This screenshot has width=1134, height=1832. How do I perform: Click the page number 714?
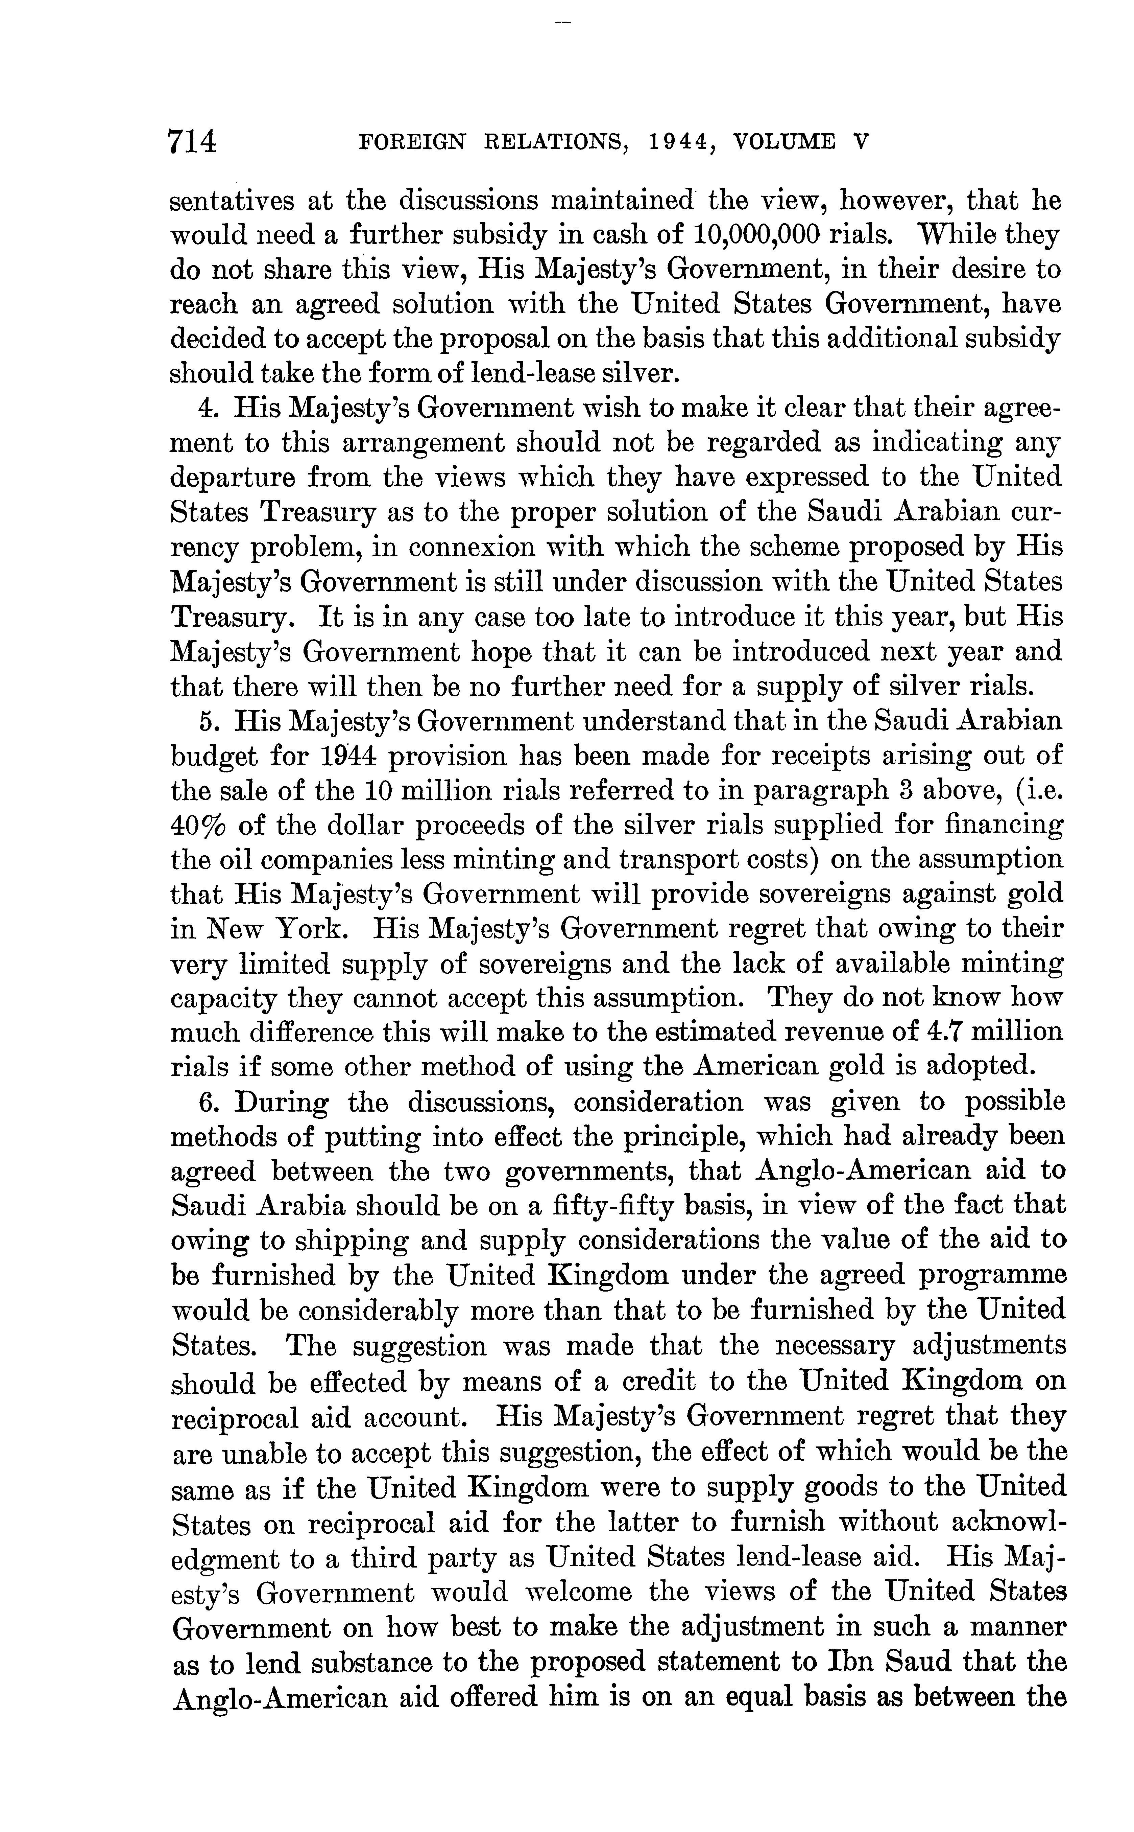tap(193, 141)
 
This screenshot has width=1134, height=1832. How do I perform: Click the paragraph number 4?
tap(206, 408)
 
